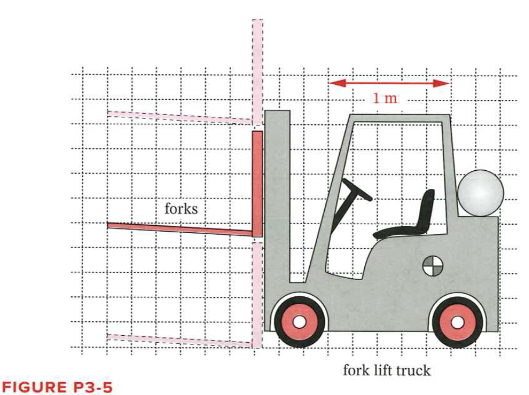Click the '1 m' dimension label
point(385,98)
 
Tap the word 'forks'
point(181,208)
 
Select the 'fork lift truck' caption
point(386,370)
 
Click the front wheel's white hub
point(299,321)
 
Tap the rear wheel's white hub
point(458,321)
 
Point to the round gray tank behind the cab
point(480,193)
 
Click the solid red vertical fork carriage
point(257,183)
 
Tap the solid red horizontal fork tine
point(180,229)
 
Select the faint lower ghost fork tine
point(180,340)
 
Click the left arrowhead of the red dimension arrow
point(334,83)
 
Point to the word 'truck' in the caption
point(414,370)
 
